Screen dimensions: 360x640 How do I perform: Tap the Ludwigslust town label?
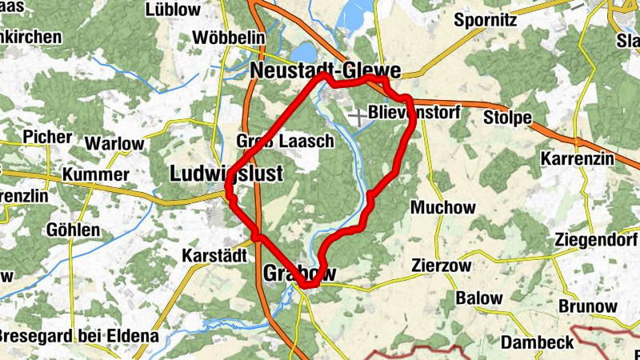point(226,173)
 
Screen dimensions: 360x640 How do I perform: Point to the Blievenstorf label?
point(414,113)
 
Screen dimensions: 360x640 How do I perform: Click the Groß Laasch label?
point(285,142)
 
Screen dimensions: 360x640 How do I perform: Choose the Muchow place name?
point(442,207)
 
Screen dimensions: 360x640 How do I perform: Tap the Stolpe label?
point(507,118)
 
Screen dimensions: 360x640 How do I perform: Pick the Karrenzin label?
point(577,158)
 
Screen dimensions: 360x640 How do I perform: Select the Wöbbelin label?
point(227,38)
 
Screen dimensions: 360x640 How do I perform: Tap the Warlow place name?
point(114,145)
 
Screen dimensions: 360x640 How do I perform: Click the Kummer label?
point(95,174)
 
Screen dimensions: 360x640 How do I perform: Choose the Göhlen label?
point(73,230)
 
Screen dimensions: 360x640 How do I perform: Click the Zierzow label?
point(441,265)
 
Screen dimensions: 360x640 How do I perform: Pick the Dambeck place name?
point(537,342)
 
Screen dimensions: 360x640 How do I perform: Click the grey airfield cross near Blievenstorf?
point(358,118)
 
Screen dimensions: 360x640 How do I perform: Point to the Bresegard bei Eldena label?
point(78,335)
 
